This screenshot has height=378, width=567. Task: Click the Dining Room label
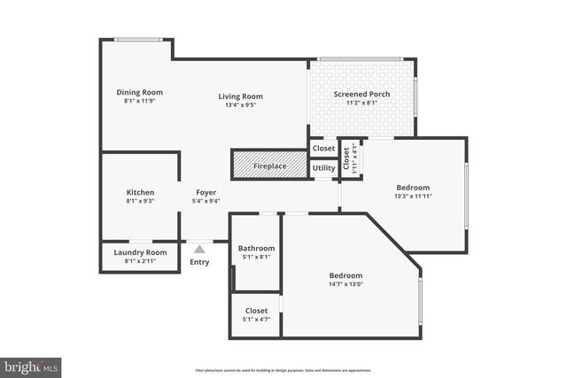(x=140, y=92)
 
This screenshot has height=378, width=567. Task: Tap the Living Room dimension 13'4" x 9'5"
(x=241, y=106)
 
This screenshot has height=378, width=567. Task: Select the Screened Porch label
(x=361, y=95)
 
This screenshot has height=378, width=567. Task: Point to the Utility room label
(x=323, y=167)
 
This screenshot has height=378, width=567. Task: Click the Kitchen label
(x=140, y=192)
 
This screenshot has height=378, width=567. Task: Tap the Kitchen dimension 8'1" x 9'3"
(x=140, y=201)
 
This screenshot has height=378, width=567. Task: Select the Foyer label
(x=206, y=192)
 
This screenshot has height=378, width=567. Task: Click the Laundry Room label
(x=140, y=252)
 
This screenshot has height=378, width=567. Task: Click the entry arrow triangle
(x=199, y=250)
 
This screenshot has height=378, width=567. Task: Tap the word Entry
(x=199, y=262)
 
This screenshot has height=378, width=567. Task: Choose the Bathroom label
(x=256, y=249)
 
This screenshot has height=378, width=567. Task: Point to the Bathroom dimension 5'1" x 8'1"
(x=256, y=258)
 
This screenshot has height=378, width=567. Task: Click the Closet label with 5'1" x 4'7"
(x=256, y=311)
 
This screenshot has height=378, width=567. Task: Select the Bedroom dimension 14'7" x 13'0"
(x=346, y=283)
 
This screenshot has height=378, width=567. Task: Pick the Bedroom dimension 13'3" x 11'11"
(x=412, y=197)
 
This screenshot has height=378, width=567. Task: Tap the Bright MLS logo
(x=32, y=365)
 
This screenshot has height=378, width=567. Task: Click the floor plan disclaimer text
(x=283, y=370)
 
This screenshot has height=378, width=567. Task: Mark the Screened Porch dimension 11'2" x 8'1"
(x=361, y=104)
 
